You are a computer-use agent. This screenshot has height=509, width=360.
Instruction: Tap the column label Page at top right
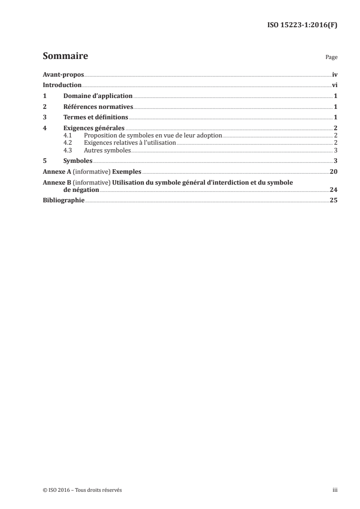(x=331, y=58)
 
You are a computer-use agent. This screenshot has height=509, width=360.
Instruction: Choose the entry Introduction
(x=62, y=85)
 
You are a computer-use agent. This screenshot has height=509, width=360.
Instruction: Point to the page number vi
(x=335, y=85)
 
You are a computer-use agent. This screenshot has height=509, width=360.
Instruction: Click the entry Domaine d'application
(x=98, y=96)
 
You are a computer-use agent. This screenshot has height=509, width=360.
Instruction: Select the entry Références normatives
(x=98, y=107)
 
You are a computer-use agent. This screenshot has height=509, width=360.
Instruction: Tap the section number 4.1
(x=68, y=136)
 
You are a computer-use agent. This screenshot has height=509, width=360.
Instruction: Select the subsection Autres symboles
(x=107, y=150)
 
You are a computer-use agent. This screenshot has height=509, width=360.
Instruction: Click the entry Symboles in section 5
(x=78, y=161)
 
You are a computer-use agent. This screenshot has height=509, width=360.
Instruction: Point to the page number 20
(x=334, y=172)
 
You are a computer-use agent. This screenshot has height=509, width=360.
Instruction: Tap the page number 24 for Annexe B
(x=334, y=190)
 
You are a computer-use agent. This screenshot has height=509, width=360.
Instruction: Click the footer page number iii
(x=335, y=490)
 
